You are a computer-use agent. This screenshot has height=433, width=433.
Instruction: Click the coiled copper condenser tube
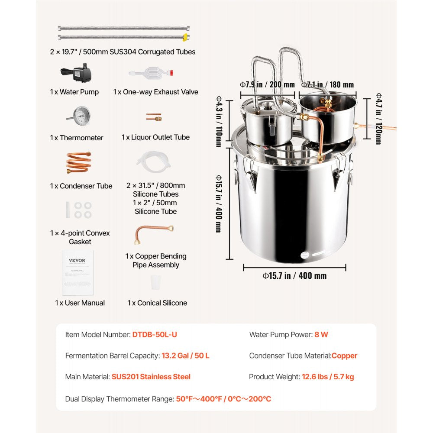pyautogui.click(x=78, y=163)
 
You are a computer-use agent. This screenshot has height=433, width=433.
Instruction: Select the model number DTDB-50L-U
pyautogui.click(x=154, y=335)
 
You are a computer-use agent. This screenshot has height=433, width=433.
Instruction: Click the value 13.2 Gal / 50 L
pyautogui.click(x=185, y=356)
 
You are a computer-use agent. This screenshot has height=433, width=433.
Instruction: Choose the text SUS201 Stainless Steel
pyautogui.click(x=151, y=377)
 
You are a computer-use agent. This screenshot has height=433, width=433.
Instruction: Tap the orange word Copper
pyautogui.click(x=345, y=356)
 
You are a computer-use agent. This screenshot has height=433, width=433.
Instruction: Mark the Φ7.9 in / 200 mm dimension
pyautogui.click(x=267, y=85)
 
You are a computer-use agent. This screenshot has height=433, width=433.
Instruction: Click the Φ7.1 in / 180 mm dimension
pyautogui.click(x=327, y=85)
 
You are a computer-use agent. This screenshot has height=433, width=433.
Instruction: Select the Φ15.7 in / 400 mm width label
pyautogui.click(x=294, y=276)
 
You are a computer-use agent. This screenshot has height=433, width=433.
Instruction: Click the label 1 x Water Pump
pyautogui.click(x=74, y=92)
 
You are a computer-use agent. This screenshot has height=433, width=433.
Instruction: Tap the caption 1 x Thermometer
pyautogui.click(x=77, y=138)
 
